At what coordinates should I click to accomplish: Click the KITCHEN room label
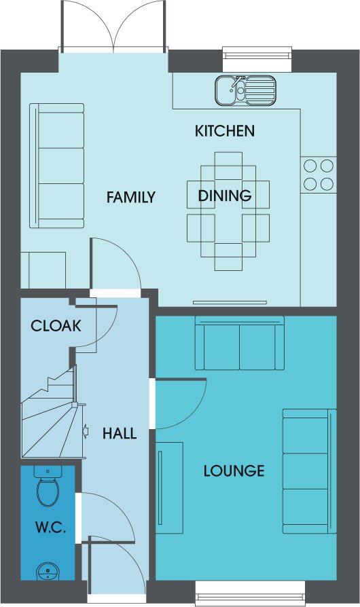coord(225,131)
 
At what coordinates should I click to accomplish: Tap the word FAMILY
coord(131,198)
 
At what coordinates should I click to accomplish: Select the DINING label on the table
coord(225,196)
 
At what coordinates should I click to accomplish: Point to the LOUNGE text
coord(234,471)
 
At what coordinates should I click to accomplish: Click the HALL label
coord(120,434)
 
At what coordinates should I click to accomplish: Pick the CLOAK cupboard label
coord(56,326)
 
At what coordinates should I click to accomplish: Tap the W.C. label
coord(50,528)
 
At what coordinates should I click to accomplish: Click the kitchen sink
coord(246,90)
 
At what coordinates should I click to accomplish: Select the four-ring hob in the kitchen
coord(318,175)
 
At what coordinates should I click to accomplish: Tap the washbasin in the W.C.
coord(48,572)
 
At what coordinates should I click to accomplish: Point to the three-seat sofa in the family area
coord(57,166)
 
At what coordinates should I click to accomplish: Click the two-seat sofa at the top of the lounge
coord(240,343)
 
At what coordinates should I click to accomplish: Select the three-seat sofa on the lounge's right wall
coord(309,471)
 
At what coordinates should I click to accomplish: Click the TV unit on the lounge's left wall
coord(169,488)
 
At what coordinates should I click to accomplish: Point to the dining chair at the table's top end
coord(228,166)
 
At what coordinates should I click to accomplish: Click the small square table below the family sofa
coord(43,270)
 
